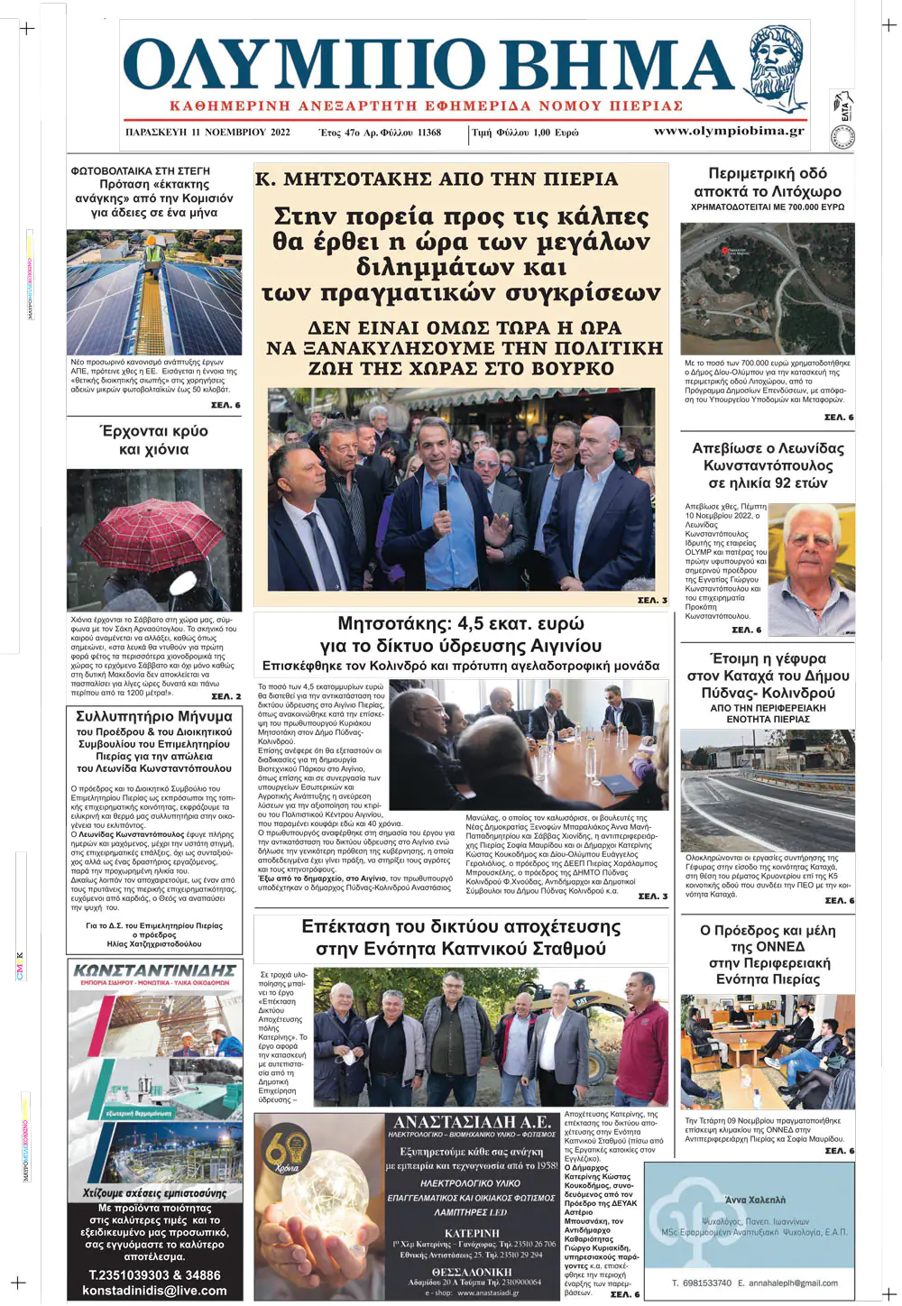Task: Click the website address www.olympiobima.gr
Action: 728,131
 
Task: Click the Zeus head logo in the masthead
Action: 778,69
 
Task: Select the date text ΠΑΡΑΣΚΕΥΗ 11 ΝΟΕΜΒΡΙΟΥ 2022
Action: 207,133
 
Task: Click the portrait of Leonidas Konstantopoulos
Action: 811,567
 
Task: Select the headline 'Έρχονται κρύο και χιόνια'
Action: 154,440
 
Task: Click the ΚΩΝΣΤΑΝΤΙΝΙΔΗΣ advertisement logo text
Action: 154,971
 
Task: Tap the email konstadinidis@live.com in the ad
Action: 154,1291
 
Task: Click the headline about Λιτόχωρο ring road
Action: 767,182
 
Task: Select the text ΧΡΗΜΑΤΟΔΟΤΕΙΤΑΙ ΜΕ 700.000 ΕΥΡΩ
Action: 767,207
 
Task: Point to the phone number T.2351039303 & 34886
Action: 154,1274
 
